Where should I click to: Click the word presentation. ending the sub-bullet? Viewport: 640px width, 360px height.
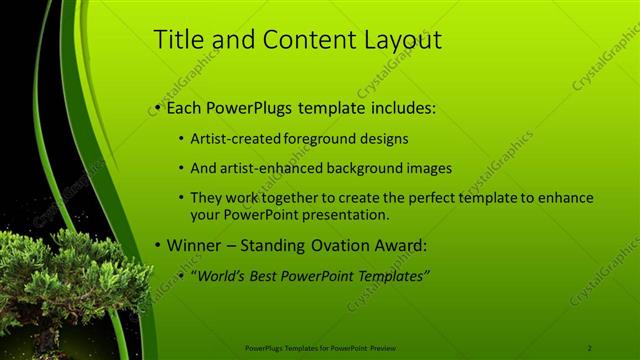tap(350, 214)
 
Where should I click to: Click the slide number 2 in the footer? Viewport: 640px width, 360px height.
tap(589, 348)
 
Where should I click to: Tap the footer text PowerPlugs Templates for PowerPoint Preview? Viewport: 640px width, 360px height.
tap(320, 348)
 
